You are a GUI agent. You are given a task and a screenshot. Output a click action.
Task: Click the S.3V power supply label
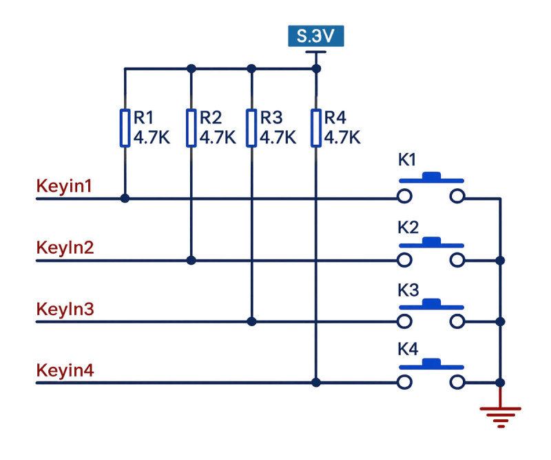pos(316,36)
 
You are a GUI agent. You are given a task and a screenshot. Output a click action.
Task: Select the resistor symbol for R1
pos(125,128)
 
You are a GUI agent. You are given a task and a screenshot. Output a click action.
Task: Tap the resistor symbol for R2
pos(191,128)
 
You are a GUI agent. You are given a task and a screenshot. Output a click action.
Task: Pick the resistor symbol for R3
pos(251,128)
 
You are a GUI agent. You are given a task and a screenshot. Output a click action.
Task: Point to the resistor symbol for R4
pos(316,128)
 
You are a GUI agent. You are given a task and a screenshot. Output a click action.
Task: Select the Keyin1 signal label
pos(64,186)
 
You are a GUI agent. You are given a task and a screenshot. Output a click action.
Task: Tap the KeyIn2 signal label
pos(65,248)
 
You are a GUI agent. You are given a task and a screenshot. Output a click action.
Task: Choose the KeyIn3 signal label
pos(65,309)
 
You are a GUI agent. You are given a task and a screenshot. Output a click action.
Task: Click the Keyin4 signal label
pos(65,370)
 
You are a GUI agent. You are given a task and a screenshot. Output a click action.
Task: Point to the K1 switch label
pos(407,160)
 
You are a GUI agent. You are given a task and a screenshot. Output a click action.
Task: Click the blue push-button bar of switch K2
pos(431,243)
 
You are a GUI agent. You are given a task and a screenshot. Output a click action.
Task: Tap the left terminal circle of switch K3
pos(404,321)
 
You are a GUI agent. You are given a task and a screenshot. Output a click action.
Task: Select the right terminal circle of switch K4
pos(457,382)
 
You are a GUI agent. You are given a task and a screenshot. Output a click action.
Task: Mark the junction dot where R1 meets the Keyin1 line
pos(125,199)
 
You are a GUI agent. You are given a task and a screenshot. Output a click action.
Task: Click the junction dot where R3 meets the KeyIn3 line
pos(251,321)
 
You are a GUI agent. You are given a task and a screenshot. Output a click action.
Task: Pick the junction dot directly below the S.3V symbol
pos(316,69)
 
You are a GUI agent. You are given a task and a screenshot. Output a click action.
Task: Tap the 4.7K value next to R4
pos(342,137)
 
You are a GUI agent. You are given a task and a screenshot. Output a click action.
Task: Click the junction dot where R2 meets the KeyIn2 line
pos(191,261)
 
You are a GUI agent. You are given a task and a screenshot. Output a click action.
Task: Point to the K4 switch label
pos(408,349)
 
